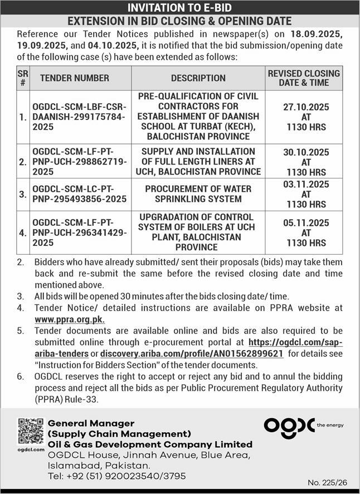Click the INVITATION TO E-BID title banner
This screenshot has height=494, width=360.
click(179, 7)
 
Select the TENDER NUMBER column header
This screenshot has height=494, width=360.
click(74, 78)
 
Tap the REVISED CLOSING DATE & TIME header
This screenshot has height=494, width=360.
click(304, 78)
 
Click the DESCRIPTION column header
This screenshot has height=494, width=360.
click(198, 78)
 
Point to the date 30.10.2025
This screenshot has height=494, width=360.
click(304, 152)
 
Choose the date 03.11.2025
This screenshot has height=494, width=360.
click(304, 185)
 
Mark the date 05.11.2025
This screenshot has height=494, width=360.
click(304, 222)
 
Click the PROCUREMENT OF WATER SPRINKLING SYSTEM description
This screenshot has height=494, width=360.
click(198, 194)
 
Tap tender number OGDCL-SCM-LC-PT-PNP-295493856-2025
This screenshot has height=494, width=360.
click(79, 194)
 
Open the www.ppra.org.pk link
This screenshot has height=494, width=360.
click(70, 319)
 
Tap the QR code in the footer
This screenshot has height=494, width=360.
click(30, 430)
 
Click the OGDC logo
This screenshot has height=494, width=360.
click(290, 425)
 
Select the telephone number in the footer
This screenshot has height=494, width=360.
click(118, 476)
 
